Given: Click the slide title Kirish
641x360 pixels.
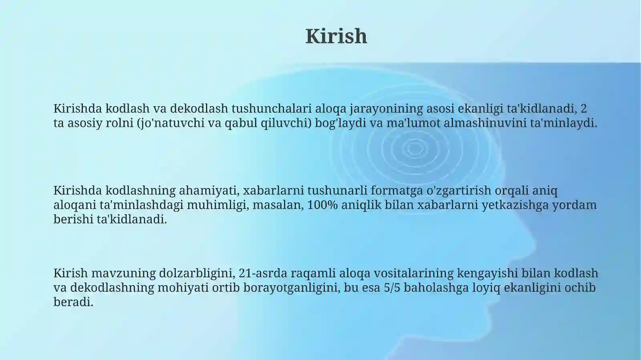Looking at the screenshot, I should pyautogui.click(x=336, y=36).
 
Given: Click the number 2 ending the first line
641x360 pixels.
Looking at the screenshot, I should pyautogui.click(x=584, y=109).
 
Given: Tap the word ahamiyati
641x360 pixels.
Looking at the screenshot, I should pyautogui.click(x=209, y=190).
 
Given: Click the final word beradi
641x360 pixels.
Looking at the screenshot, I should pyautogui.click(x=73, y=302).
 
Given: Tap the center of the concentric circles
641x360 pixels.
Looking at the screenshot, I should pyautogui.click(x=415, y=149).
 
